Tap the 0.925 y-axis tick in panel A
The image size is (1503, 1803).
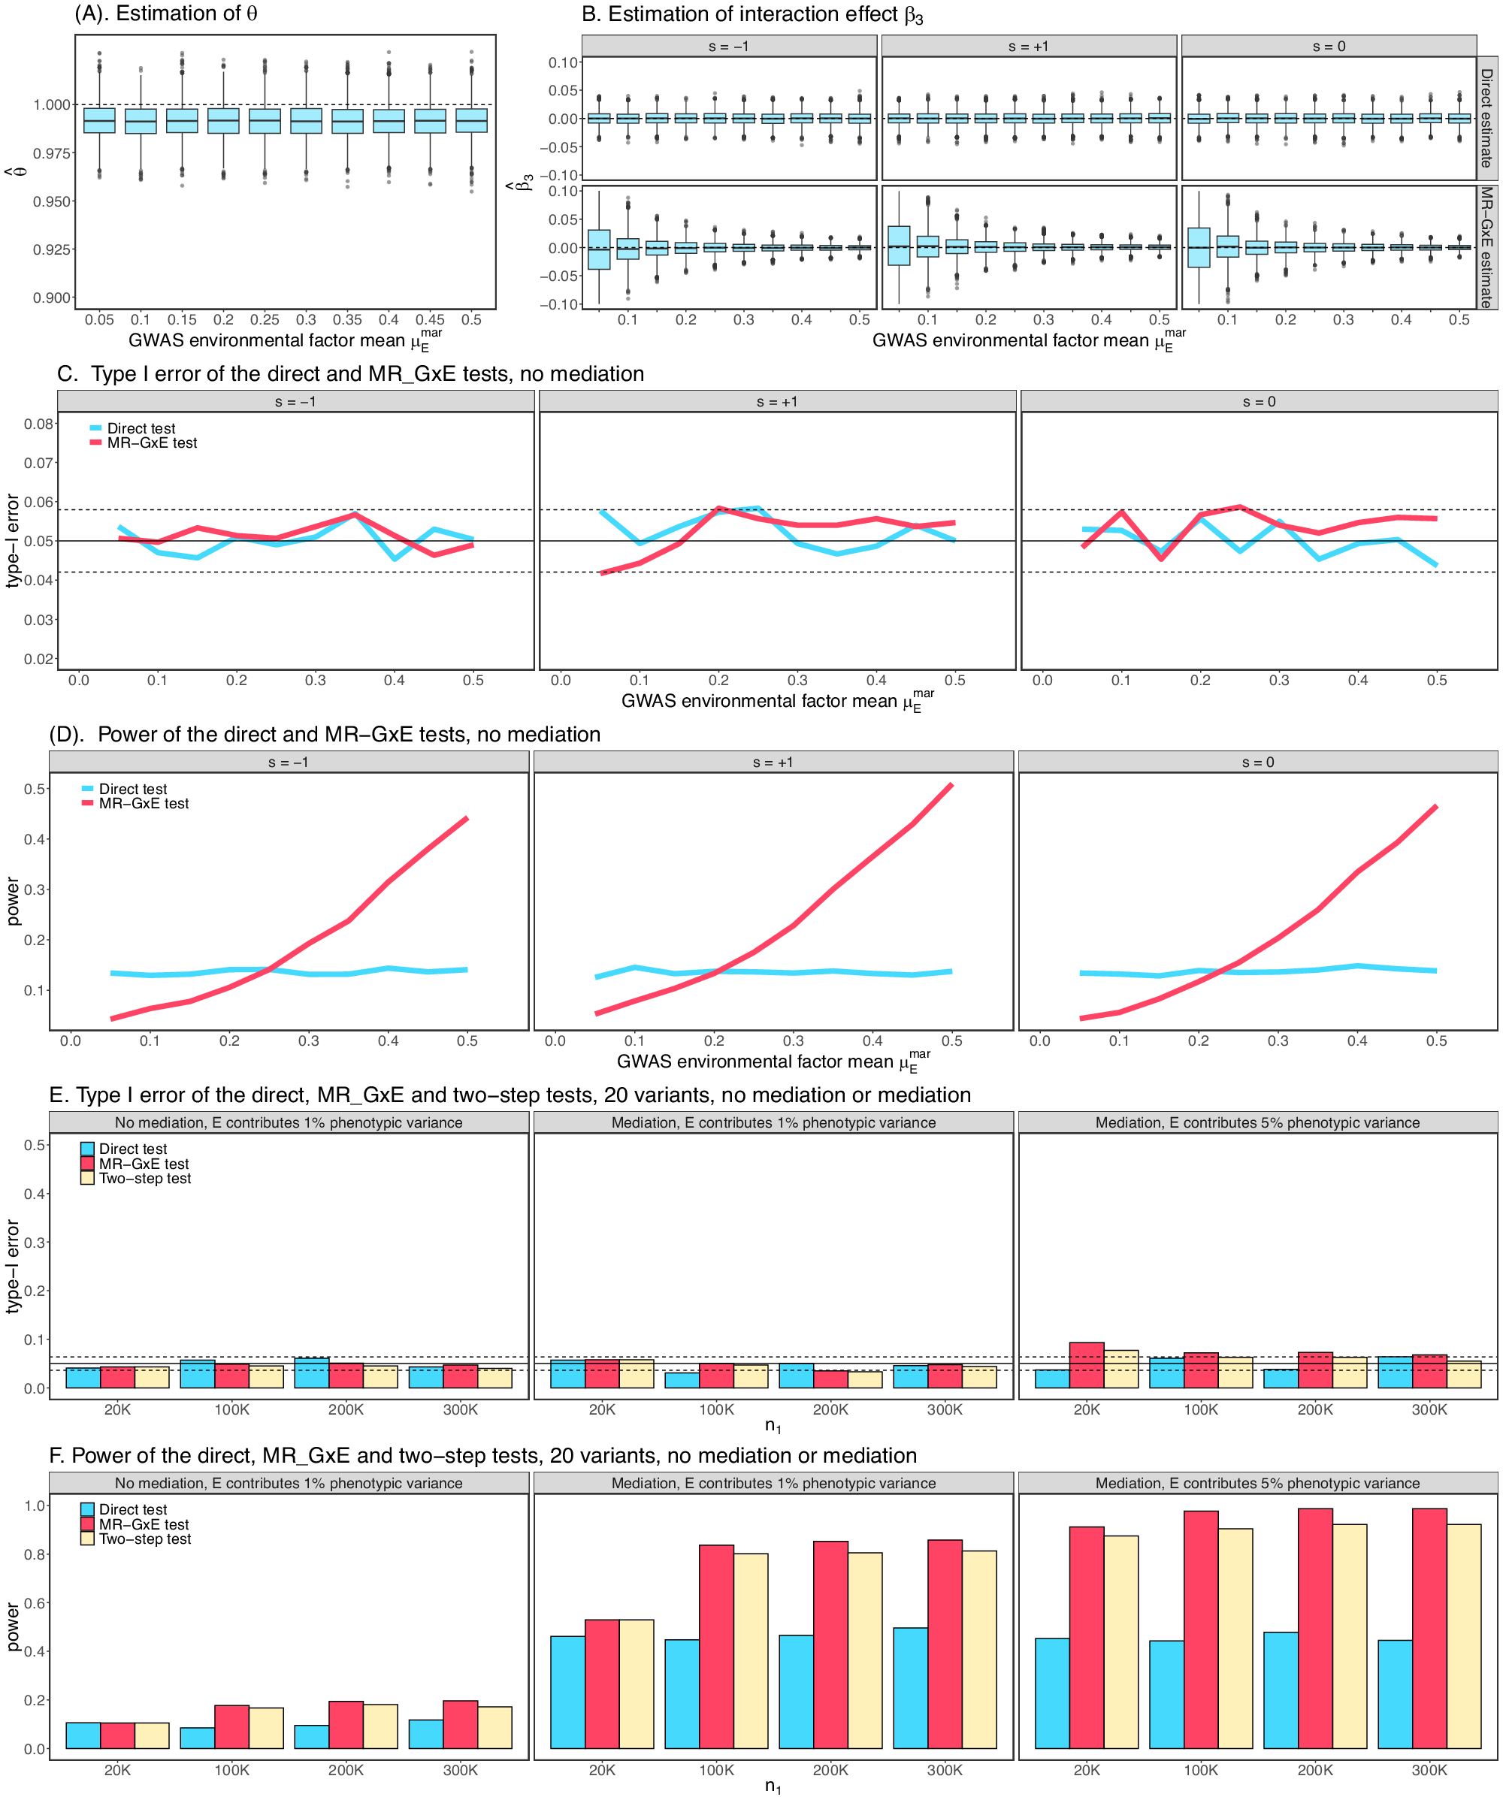pos(53,250)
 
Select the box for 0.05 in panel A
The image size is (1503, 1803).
pos(100,121)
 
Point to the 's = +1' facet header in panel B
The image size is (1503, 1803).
pos(1028,47)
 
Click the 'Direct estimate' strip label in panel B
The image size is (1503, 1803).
pos(1486,119)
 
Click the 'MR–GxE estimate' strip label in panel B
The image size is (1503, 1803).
pos(1486,247)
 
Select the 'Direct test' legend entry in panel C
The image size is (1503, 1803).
pos(140,428)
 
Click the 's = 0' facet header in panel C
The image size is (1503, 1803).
pos(1258,402)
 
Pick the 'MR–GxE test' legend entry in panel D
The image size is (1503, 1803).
pos(143,804)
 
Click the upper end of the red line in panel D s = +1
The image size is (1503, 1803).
pos(951,786)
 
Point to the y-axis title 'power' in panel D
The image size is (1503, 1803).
pos(14,901)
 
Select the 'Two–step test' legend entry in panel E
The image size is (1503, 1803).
pos(144,1179)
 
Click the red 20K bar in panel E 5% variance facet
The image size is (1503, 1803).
pos(1087,1365)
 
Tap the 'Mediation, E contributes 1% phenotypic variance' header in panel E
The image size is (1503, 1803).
pos(773,1123)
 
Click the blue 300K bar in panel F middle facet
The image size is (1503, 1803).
pos(910,1688)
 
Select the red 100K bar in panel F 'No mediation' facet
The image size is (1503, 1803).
pos(232,1726)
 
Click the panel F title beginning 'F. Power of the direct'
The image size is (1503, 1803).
pos(482,1456)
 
